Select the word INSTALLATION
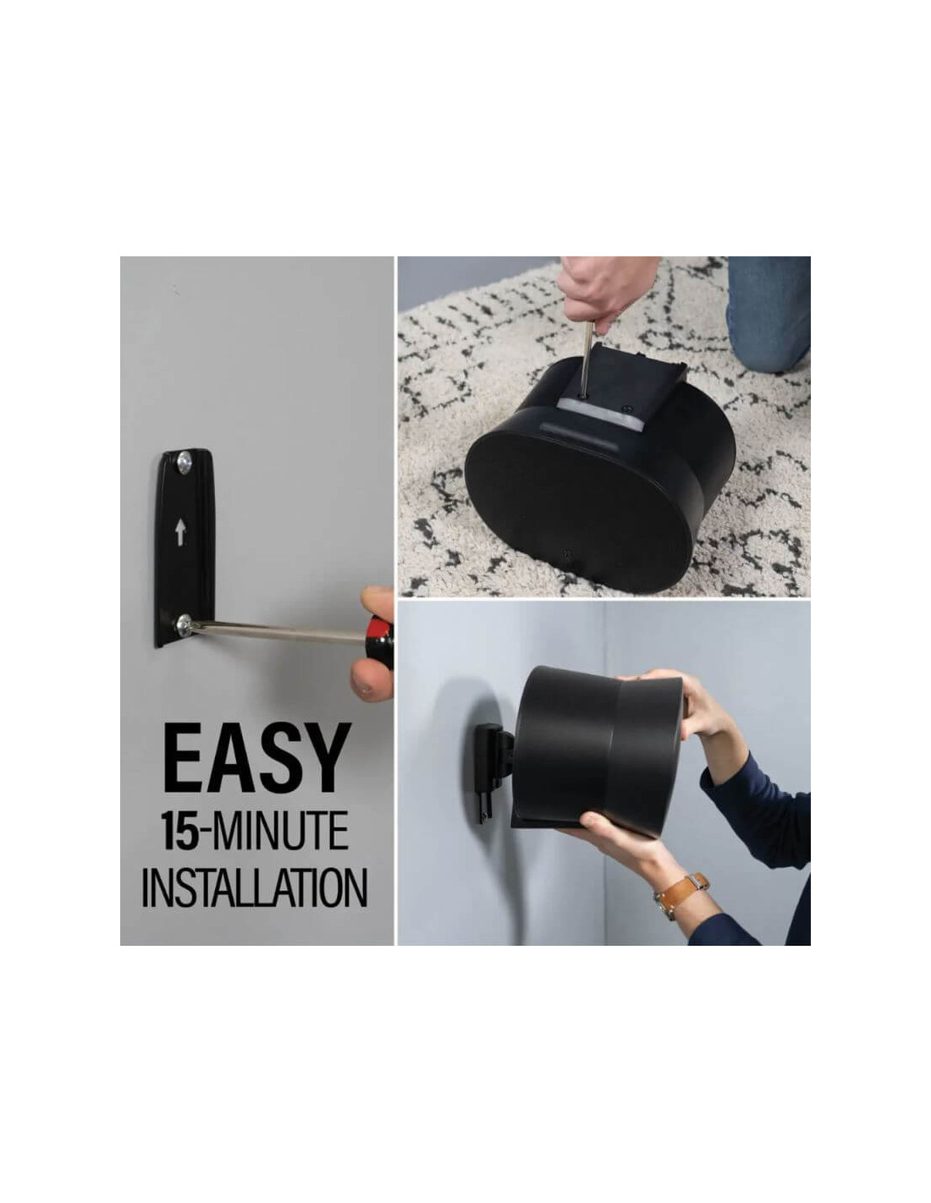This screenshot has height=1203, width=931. tap(255, 886)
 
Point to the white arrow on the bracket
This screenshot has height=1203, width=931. tap(180, 534)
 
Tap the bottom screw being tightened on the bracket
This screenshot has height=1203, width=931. tap(184, 625)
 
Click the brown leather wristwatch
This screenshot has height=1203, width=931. tap(680, 893)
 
